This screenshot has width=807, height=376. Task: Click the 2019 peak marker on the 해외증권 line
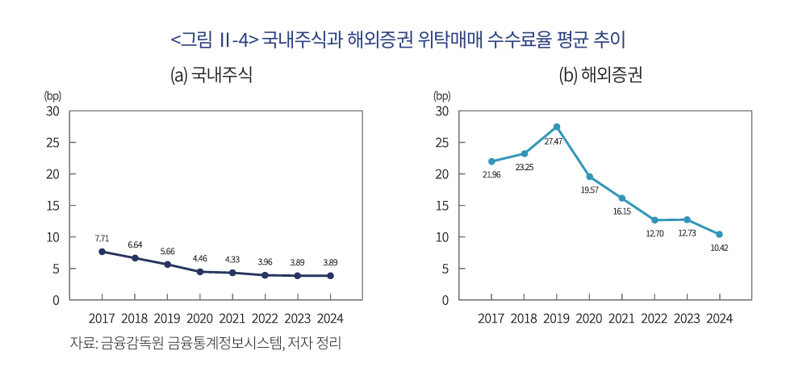(x=557, y=127)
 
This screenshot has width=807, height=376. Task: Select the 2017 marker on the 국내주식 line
(x=102, y=252)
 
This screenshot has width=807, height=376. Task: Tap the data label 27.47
(x=553, y=142)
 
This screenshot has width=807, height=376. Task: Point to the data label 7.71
(x=102, y=238)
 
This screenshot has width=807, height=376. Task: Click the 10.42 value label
(x=719, y=248)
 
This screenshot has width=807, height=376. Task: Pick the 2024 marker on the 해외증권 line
(x=719, y=235)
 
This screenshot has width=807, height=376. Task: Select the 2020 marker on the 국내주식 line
(x=199, y=272)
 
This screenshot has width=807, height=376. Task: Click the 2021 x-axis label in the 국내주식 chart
(x=232, y=318)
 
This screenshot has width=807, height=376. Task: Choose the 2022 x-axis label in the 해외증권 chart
(x=654, y=318)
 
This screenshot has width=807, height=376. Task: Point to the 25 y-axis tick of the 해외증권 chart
(x=441, y=143)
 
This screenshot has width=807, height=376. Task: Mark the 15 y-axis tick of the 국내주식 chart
(x=53, y=206)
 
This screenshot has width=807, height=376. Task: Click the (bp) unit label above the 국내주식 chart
(x=53, y=95)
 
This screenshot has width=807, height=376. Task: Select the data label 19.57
(x=589, y=190)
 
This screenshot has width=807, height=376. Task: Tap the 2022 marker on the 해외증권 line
(x=654, y=220)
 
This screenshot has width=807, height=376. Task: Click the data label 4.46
(x=199, y=259)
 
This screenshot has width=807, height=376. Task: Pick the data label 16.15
(x=622, y=211)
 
